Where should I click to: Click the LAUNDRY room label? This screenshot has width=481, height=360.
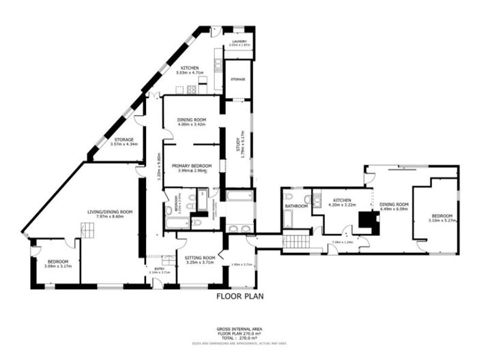click(x=239, y=41)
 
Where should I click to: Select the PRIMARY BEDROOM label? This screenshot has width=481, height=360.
click(x=192, y=166)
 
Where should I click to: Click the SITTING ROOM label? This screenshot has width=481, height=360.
click(x=200, y=258)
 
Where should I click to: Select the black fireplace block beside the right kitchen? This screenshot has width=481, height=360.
click(x=368, y=220)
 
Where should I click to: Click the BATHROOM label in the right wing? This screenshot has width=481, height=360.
click(x=296, y=206)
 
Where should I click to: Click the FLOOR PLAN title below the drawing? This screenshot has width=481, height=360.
click(x=239, y=297)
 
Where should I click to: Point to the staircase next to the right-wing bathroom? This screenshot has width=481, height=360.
click(x=295, y=241)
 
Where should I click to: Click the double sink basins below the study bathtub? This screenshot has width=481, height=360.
click(x=239, y=228)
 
